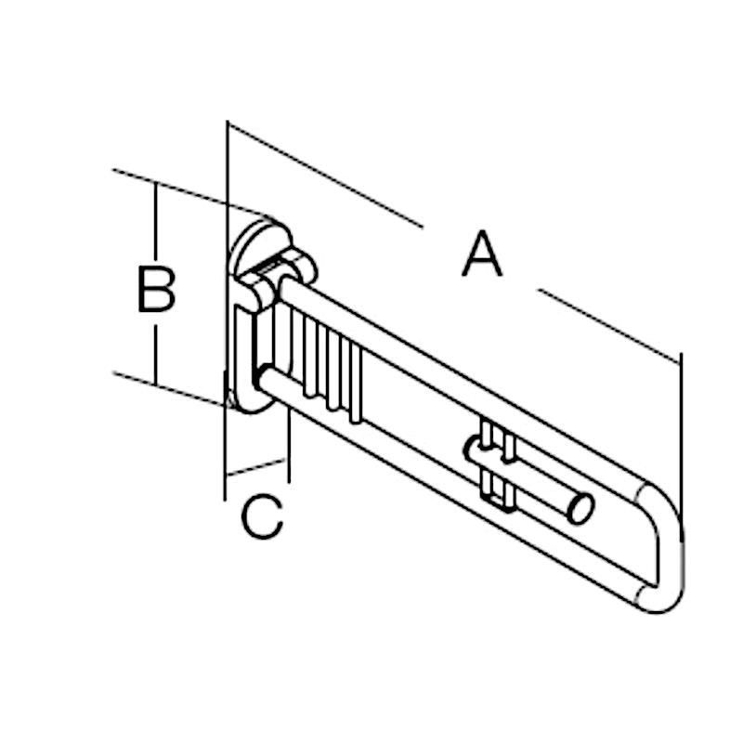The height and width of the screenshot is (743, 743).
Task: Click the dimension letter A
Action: tap(482, 254)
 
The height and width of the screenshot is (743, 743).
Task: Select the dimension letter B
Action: tap(156, 290)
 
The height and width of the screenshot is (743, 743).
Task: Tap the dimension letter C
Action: tap(262, 516)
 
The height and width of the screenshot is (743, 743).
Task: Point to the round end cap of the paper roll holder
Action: tap(580, 508)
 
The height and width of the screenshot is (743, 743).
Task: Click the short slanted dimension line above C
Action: tap(256, 467)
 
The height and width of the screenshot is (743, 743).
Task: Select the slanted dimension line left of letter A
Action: tap(325, 175)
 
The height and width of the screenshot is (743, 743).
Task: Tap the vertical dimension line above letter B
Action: tap(155, 221)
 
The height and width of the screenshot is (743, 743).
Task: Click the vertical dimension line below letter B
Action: tap(155, 355)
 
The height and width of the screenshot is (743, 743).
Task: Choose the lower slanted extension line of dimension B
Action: tap(173, 389)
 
